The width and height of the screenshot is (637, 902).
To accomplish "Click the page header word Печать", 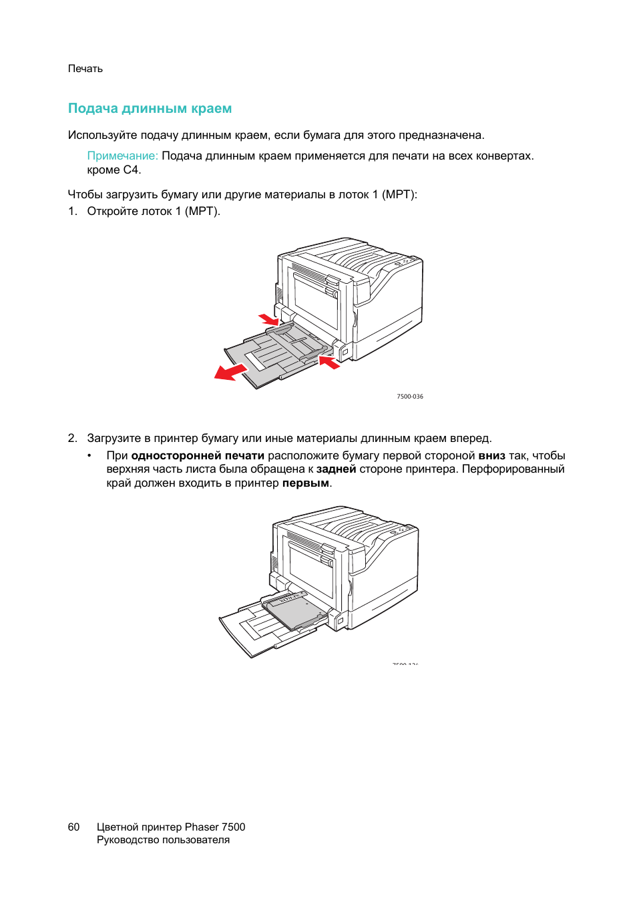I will point(85,69).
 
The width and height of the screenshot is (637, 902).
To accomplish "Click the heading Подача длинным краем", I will point(150,108).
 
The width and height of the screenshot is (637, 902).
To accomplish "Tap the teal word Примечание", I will point(122,156).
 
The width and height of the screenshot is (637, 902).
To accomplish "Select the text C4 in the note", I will point(131,170).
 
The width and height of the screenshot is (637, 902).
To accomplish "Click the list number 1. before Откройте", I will point(73,211).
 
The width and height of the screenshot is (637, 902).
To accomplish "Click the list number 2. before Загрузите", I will point(73,438).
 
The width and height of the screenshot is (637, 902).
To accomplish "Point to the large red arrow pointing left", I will point(230,371).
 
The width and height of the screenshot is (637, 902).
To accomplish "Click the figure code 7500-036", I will point(409,397).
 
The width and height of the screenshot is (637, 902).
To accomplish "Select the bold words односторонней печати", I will point(198,455).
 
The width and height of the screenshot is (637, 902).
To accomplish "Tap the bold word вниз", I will point(491,455).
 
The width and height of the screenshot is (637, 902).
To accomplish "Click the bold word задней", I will point(336,469).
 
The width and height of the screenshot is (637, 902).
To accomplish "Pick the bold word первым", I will point(305,483).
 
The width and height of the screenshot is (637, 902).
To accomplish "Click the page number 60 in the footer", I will point(73,827).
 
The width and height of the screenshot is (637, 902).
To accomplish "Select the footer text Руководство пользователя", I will point(163,840).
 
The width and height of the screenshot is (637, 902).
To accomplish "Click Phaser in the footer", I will point(201,827).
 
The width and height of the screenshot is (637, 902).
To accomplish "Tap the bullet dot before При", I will point(89,455).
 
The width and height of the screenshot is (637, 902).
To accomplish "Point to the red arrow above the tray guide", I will point(268,318).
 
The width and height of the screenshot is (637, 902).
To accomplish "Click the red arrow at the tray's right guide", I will point(329,363).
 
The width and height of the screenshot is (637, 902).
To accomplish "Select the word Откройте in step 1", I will point(114,211).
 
